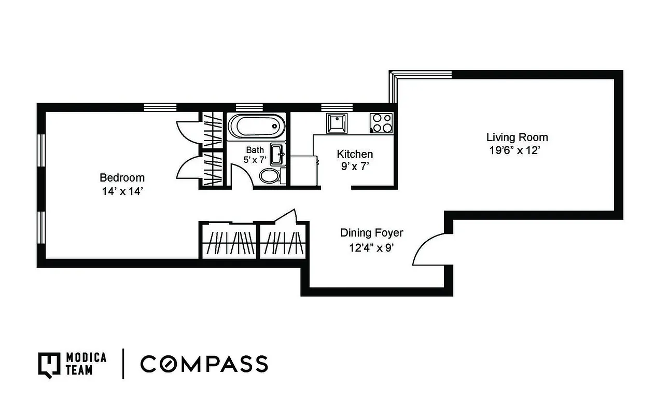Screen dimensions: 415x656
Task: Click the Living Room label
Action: coord(517,137)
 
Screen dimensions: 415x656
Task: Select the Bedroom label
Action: coord(122,177)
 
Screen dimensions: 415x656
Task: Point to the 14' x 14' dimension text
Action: coord(122,191)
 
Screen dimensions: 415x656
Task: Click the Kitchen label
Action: coord(355,154)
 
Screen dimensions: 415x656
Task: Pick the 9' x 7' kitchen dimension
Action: coord(355,167)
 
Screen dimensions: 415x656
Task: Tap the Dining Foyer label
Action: coord(371,233)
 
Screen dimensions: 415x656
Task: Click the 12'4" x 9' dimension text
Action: coord(371,247)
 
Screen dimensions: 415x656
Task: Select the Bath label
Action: coord(255,150)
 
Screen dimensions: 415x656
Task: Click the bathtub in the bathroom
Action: coord(257,126)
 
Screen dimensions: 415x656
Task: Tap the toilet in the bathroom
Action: coord(269,176)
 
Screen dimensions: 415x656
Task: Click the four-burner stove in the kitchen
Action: coord(381,123)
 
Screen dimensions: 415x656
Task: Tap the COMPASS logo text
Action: coord(204,364)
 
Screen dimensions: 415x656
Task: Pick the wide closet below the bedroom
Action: coord(228,241)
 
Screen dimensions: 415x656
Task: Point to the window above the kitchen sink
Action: coord(337,107)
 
